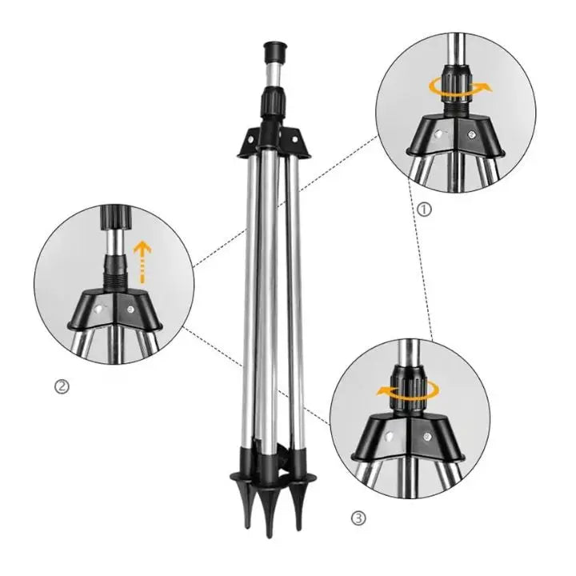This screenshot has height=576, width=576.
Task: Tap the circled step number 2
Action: tap(61, 387)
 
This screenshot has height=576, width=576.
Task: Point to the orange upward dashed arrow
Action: tap(142, 258)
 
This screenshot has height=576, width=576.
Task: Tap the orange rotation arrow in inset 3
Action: tap(410, 390)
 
